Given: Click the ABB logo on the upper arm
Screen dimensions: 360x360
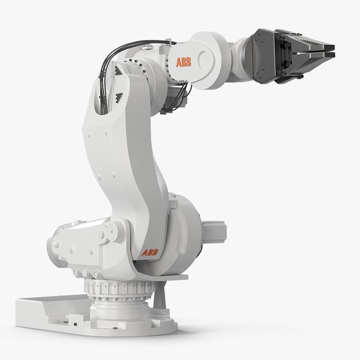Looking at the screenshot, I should pyautogui.click(x=183, y=62).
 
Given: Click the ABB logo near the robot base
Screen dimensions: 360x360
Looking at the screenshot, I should pyautogui.click(x=149, y=253).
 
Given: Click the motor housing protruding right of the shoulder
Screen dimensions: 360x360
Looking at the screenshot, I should pyautogui.click(x=213, y=231).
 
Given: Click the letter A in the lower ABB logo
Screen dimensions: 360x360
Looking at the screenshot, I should pyautogui.click(x=145, y=253).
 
